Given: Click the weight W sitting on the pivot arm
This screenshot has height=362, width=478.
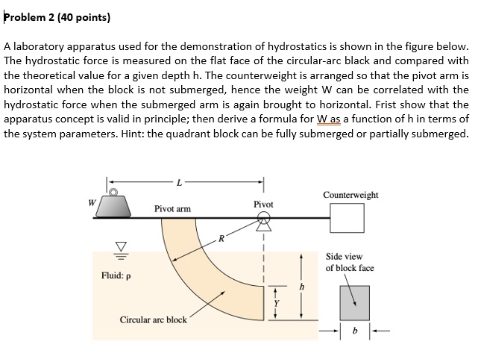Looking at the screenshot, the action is pyautogui.click(x=116, y=204).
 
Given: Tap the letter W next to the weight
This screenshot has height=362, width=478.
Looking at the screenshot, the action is pyautogui.click(x=92, y=201).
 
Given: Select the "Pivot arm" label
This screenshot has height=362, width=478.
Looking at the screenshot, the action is pyautogui.click(x=172, y=208).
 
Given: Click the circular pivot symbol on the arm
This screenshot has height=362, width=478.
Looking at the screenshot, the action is pyautogui.click(x=264, y=218).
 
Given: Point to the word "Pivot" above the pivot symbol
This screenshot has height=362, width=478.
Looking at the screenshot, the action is pyautogui.click(x=263, y=204).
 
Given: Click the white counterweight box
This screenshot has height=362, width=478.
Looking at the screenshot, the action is pyautogui.click(x=348, y=218).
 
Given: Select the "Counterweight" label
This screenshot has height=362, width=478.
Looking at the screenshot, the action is pyautogui.click(x=350, y=195).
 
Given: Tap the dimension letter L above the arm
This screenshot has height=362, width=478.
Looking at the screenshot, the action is pyautogui.click(x=179, y=182).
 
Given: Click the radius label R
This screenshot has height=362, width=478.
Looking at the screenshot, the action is pyautogui.click(x=221, y=240).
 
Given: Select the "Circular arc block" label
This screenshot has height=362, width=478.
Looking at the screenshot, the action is pyautogui.click(x=154, y=320).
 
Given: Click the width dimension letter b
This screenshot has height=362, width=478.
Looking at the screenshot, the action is pyautogui.click(x=355, y=331).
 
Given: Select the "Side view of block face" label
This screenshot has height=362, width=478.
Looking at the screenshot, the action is pyautogui.click(x=350, y=262).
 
